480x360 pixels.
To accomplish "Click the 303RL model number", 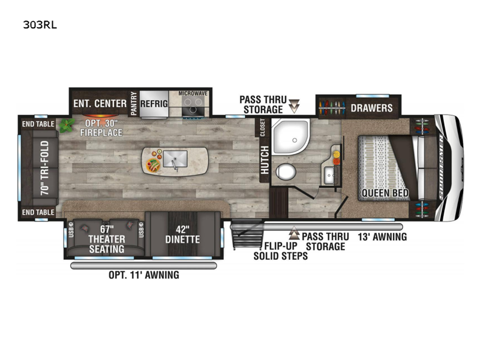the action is pos(40,25).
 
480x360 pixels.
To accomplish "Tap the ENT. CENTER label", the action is pos(100,103).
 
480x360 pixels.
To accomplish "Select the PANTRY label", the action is pos(134,103).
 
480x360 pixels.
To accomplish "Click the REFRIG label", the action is pos(154,104).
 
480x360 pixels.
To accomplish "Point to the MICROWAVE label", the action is pos(193,93).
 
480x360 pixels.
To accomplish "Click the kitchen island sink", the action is pos(175,159).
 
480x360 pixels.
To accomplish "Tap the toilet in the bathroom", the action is pos(286,172).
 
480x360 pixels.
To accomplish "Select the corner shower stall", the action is pos(291,137).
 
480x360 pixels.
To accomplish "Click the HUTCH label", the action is pos(265,160).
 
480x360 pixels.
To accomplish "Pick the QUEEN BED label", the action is pos(385,193).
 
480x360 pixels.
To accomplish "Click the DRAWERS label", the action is pos(371,108).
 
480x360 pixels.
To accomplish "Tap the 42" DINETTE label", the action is pos(182,235).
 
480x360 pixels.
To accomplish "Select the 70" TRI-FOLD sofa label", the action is pos(44,168).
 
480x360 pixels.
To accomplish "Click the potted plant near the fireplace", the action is pos(67,125).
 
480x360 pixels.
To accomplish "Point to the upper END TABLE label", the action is pos(38,124).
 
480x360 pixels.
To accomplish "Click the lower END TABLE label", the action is pos(38,212).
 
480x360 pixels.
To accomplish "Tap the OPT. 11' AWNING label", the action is pos(144,275).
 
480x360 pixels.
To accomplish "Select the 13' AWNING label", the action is pos(382,236).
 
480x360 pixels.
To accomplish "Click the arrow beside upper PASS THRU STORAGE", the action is pos(294,106).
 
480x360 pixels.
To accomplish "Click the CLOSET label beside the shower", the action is pos(263,128).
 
